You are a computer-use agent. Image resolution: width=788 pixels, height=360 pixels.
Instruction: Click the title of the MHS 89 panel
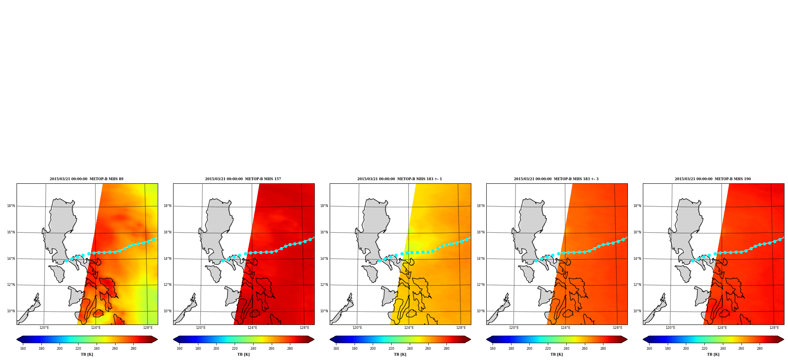(x=86, y=179)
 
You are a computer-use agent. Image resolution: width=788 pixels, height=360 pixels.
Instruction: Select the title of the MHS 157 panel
(x=243, y=179)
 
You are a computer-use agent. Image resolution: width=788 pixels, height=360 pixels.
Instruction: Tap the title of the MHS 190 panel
(x=713, y=179)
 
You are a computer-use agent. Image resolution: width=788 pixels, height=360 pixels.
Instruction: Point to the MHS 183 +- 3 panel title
(x=556, y=179)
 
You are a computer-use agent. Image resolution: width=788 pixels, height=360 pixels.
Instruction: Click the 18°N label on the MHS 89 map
(x=11, y=206)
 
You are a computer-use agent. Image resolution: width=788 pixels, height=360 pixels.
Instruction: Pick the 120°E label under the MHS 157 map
(x=201, y=328)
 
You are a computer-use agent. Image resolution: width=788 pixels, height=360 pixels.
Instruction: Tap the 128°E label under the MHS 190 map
(x=774, y=328)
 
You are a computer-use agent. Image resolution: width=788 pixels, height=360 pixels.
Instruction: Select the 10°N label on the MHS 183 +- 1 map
(x=324, y=311)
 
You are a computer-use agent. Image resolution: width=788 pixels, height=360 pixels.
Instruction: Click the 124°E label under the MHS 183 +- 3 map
(x=566, y=328)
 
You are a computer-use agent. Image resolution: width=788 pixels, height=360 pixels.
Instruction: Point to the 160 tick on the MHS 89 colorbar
(x=23, y=349)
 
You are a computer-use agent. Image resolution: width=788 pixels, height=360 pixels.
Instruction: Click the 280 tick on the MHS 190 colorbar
(x=760, y=349)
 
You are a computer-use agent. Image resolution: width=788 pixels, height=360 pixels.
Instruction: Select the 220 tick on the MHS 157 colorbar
(x=235, y=349)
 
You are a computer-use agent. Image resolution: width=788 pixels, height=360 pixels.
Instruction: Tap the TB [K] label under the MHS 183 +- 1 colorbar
(x=400, y=354)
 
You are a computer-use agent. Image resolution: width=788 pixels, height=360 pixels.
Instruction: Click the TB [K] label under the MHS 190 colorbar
(x=713, y=354)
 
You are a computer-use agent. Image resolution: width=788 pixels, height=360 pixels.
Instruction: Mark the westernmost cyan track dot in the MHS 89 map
(x=66, y=261)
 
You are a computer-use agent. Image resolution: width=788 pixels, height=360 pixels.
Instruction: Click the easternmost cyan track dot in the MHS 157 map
(x=310, y=239)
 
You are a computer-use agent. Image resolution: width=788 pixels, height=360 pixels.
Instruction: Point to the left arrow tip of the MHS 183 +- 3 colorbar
(x=486, y=339)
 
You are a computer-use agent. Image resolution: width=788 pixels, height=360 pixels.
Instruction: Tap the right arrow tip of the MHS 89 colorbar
(x=157, y=339)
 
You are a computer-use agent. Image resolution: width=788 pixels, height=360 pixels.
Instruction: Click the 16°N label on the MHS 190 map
(x=637, y=232)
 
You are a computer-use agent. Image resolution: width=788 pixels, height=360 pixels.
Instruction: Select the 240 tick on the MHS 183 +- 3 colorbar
(x=566, y=349)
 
